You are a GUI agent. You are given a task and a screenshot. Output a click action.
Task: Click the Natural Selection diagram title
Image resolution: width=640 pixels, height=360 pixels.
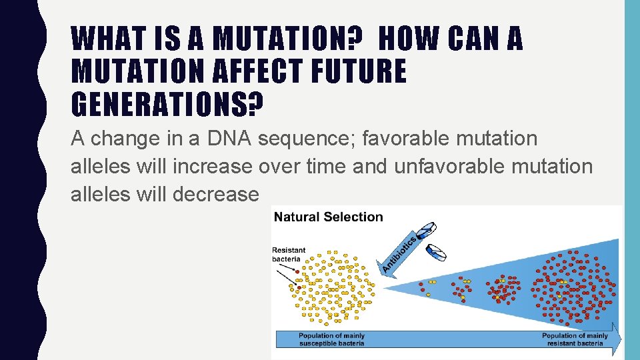tap(329, 217)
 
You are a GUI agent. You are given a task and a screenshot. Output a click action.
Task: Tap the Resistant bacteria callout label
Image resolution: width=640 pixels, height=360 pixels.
tap(289, 255)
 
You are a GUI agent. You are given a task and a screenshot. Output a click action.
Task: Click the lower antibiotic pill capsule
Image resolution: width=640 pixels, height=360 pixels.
tap(437, 252)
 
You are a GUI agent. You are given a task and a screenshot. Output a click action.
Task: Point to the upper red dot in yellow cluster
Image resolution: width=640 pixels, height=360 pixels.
tap(297, 272)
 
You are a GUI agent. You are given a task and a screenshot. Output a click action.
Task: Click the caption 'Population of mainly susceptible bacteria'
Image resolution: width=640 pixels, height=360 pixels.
tap(331, 339)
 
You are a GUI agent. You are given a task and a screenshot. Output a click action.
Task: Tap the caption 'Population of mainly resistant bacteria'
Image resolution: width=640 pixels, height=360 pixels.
tap(574, 339)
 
